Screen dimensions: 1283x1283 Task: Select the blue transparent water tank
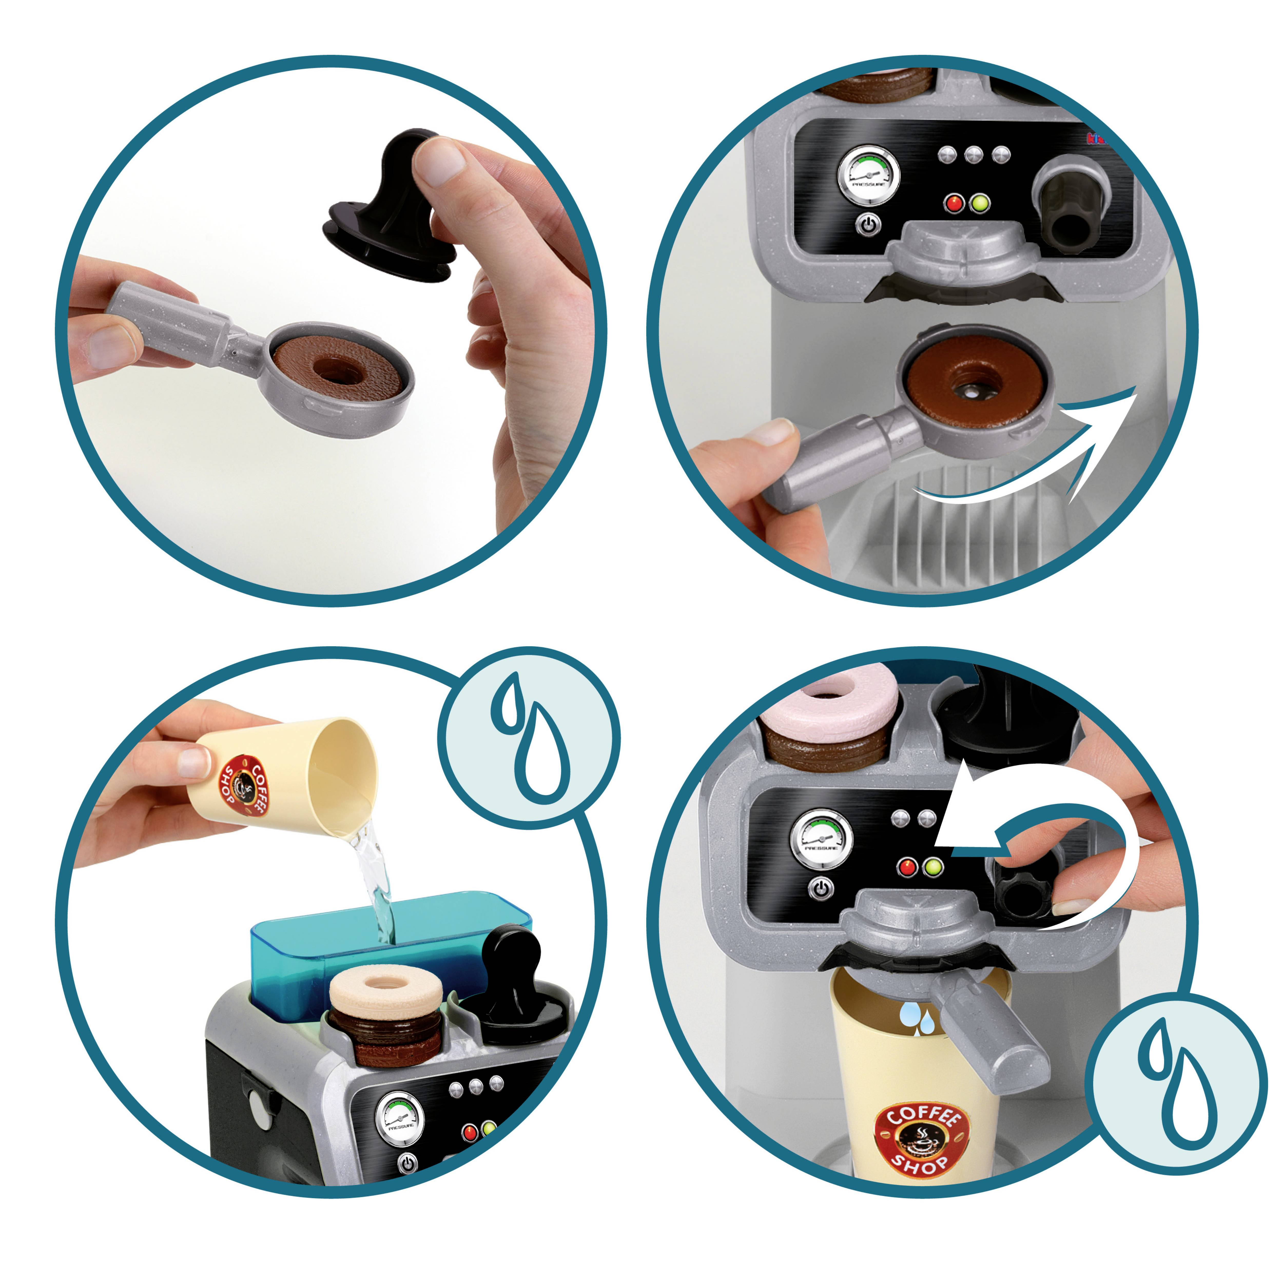point(392,943)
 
